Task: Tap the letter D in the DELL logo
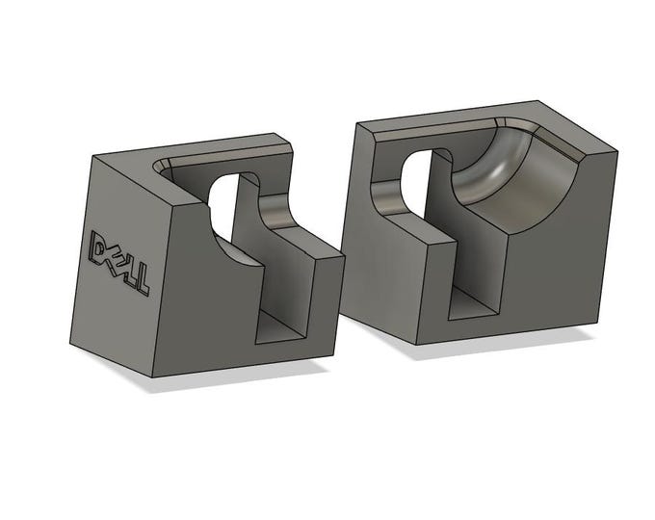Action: coord(98,247)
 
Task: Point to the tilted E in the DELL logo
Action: coord(114,258)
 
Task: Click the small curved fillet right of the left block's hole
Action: coord(274,212)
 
